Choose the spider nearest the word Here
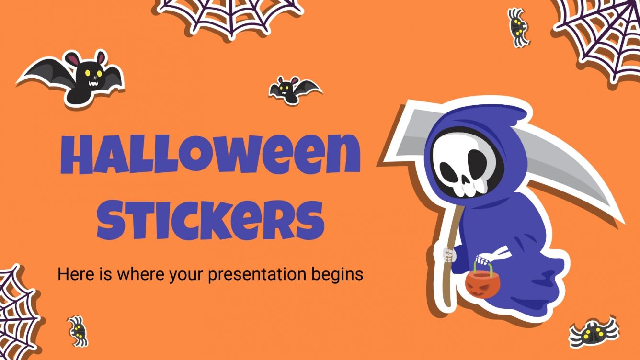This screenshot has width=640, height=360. (78, 330)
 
